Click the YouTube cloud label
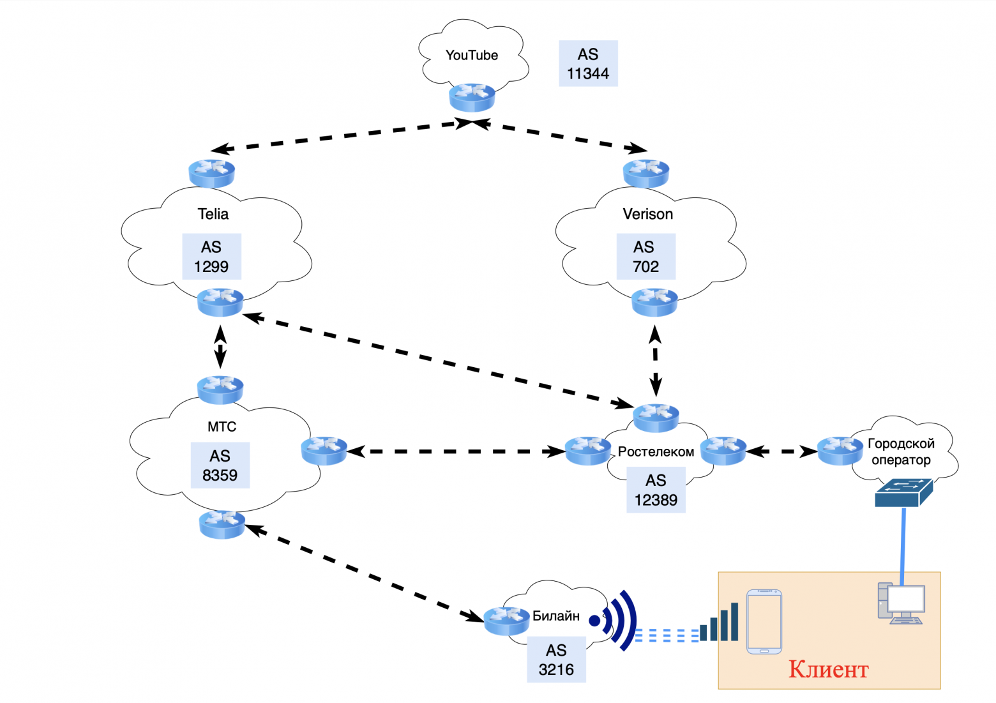tap(471, 56)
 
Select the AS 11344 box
tap(588, 64)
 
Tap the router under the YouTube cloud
tap(472, 97)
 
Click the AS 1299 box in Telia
tap(211, 257)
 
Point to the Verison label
tap(647, 215)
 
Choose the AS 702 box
tap(645, 257)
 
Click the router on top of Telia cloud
tap(212, 173)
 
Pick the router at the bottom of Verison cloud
tap(654, 301)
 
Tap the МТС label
tap(222, 427)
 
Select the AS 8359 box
tap(220, 465)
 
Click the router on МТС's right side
tap(324, 450)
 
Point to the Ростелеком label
tap(656, 452)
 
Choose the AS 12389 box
tap(656, 490)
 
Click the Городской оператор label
tap(901, 452)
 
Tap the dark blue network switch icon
tap(903, 494)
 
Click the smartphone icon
tap(764, 621)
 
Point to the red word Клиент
tap(828, 669)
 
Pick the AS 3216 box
tap(556, 660)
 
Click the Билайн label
tap(555, 616)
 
